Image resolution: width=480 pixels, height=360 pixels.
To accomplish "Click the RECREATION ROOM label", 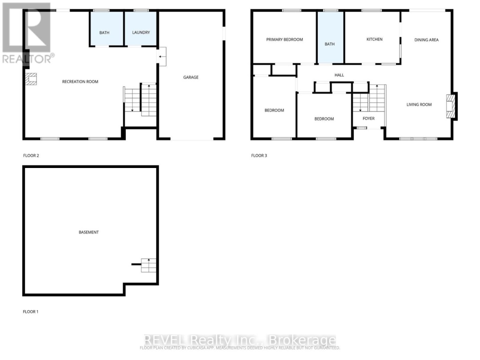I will click(80, 82).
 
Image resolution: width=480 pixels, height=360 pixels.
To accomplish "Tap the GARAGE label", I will click(191, 77).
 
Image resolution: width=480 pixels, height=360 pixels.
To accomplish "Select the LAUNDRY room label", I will click(140, 32).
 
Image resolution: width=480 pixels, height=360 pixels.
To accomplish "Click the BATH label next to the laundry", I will click(104, 32).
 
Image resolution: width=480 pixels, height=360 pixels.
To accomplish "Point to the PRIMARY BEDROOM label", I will click(284, 40).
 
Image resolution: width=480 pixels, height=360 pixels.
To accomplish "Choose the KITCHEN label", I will click(374, 40).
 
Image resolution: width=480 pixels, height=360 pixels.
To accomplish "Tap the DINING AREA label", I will click(426, 40).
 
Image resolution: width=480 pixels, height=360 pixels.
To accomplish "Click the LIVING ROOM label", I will click(419, 105).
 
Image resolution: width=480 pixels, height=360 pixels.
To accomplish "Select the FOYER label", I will click(368, 119).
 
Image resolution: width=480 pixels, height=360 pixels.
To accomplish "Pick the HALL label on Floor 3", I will click(339, 75).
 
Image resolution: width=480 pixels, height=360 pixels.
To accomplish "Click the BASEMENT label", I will click(88, 232).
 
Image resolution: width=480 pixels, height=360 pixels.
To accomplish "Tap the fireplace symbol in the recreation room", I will click(32, 80).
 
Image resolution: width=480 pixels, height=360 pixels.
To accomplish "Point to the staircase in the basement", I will click(149, 265).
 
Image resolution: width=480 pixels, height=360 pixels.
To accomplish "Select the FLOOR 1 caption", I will click(31, 312).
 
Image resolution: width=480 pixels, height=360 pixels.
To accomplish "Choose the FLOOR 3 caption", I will click(259, 156).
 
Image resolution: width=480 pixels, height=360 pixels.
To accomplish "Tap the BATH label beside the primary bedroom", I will click(329, 44).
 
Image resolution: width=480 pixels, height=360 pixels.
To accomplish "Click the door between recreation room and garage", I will click(162, 56).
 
